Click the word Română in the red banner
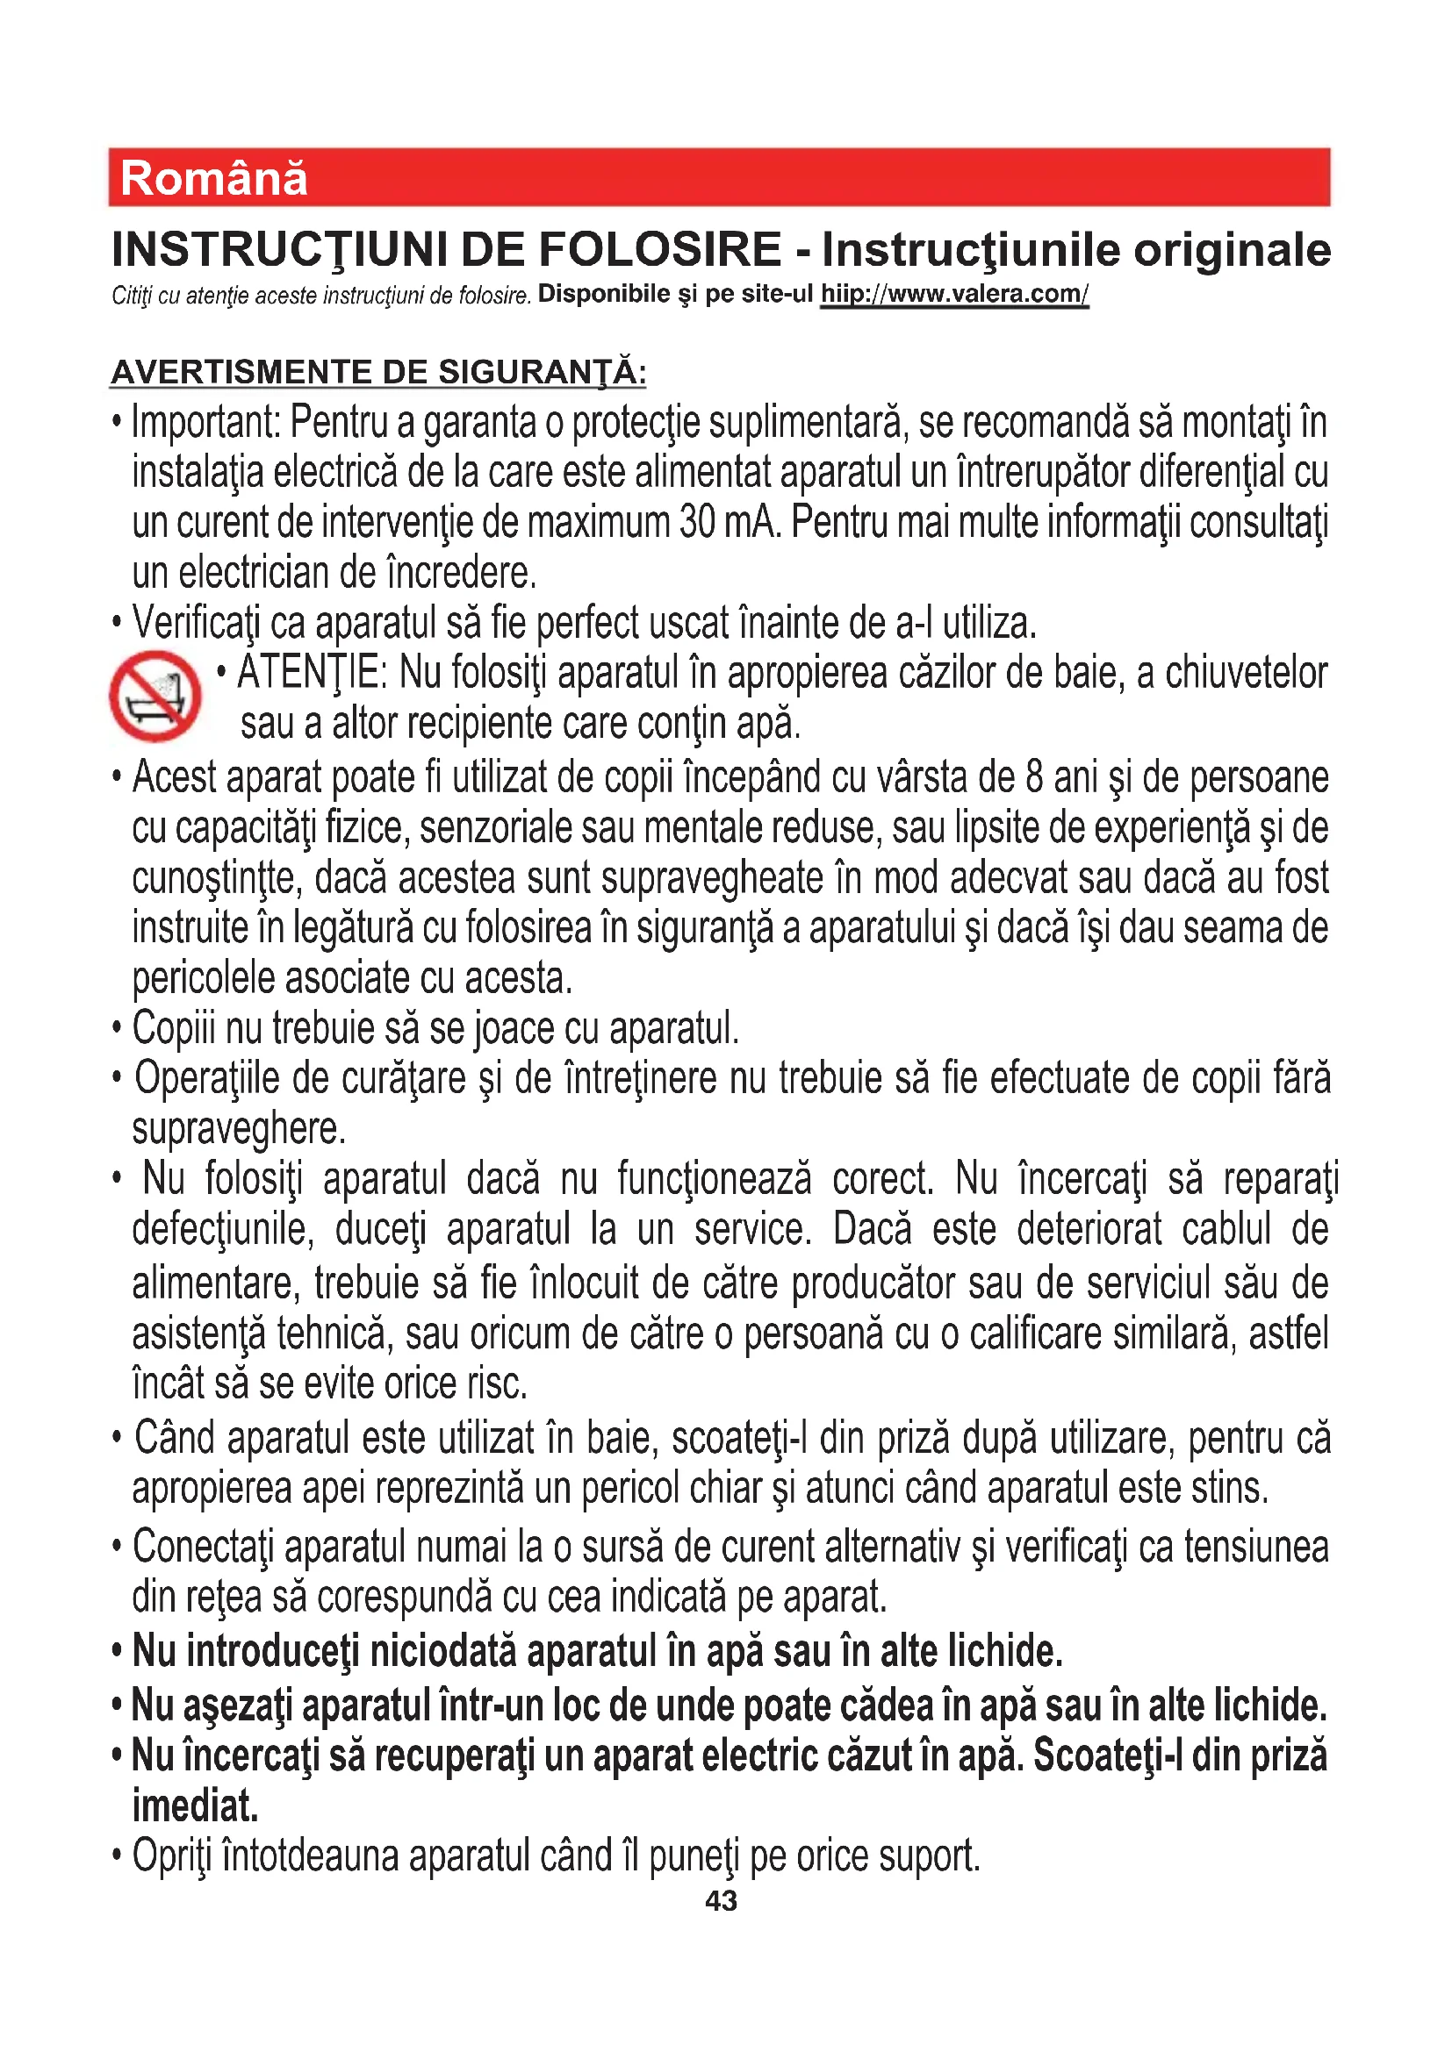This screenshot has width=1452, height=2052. pyautogui.click(x=213, y=178)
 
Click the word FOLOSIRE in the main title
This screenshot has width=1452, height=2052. pyautogui.click(x=660, y=249)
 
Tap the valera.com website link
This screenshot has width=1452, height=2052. pyautogui.click(x=954, y=294)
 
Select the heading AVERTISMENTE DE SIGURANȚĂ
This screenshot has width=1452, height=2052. pyautogui.click(x=378, y=372)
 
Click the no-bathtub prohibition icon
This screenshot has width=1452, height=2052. pyautogui.click(x=155, y=697)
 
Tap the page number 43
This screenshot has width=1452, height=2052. pyautogui.click(x=722, y=1901)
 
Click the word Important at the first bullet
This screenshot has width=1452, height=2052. pyautogui.click(x=205, y=422)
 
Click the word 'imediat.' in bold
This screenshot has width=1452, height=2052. pyautogui.click(x=195, y=1805)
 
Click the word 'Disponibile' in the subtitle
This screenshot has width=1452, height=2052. pyautogui.click(x=603, y=294)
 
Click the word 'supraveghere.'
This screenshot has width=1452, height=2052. pyautogui.click(x=239, y=1128)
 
